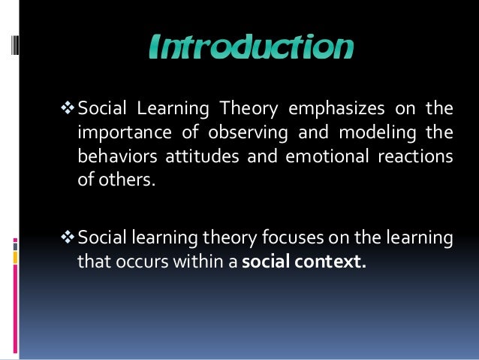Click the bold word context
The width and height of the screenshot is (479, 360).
(330, 263)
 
